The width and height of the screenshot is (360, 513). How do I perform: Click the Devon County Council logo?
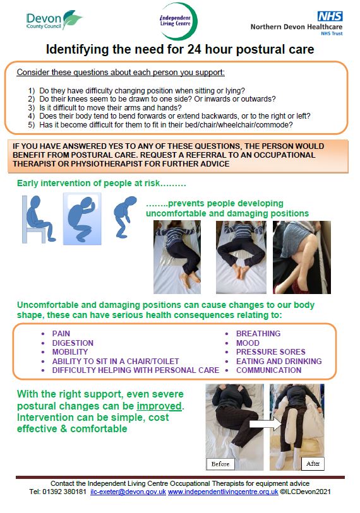pyautogui.click(x=54, y=20)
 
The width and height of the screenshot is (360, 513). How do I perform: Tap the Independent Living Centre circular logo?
pyautogui.click(x=179, y=21)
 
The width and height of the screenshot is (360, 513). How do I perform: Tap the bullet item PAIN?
pyautogui.click(x=61, y=334)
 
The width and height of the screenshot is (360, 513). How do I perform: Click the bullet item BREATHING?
pyautogui.click(x=258, y=334)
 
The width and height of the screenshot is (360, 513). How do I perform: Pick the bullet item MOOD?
pyautogui.click(x=248, y=343)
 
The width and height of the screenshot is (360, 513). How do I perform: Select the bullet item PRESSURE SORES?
pyautogui.click(x=270, y=352)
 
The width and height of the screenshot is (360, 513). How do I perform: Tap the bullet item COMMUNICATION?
pyautogui.click(x=268, y=370)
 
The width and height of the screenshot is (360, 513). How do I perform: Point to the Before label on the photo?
pyautogui.click(x=220, y=464)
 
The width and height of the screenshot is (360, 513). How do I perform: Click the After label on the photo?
pyautogui.click(x=312, y=464)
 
